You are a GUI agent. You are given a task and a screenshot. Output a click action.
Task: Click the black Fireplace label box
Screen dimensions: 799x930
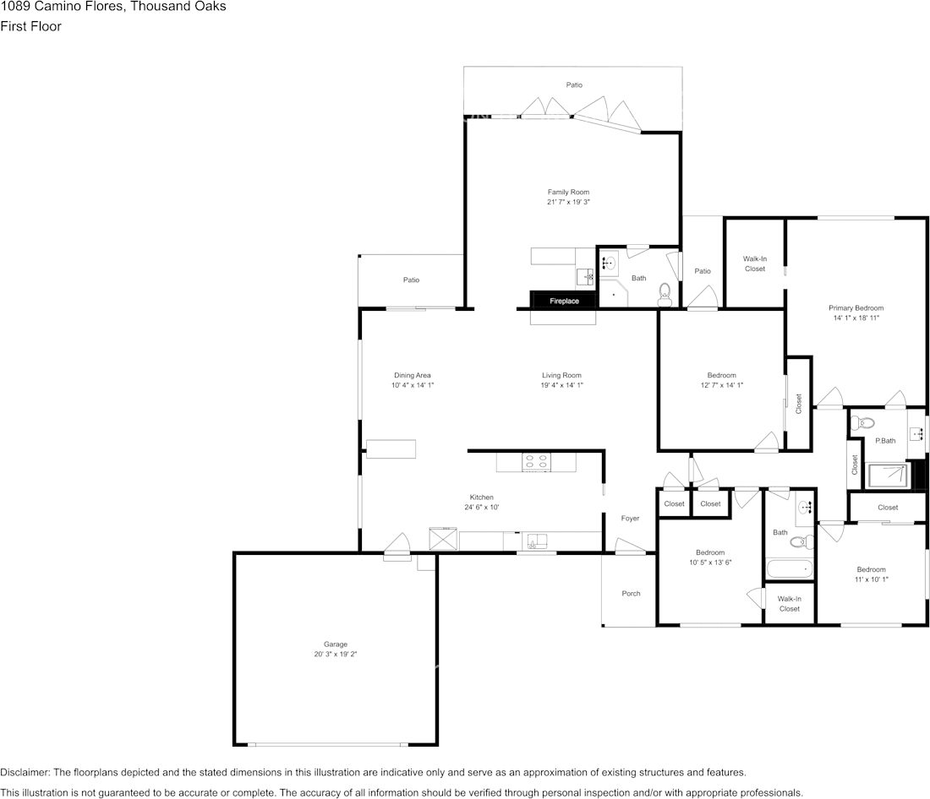pyautogui.click(x=564, y=301)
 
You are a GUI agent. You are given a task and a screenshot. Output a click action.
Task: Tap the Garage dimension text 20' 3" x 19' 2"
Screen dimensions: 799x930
pyautogui.click(x=336, y=654)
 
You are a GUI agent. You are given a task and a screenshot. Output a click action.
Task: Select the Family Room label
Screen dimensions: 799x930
pyautogui.click(x=567, y=192)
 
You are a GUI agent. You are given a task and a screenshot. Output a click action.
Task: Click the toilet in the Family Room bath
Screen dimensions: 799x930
pyautogui.click(x=665, y=295)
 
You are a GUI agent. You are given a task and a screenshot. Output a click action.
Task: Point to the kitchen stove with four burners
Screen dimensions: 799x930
pyautogui.click(x=537, y=461)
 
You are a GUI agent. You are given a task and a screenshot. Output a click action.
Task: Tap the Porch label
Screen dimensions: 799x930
pyautogui.click(x=631, y=593)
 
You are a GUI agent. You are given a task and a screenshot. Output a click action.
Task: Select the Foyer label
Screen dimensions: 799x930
pyautogui.click(x=630, y=518)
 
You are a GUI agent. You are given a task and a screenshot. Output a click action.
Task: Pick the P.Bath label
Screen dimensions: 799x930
pyautogui.click(x=885, y=440)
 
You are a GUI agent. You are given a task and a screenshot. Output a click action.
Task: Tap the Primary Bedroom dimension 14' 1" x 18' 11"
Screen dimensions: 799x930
pyautogui.click(x=856, y=318)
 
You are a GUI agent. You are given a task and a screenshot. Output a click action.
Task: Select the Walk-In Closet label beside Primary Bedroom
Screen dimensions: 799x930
pyautogui.click(x=754, y=264)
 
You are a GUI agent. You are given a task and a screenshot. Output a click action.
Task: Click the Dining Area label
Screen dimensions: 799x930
pyautogui.click(x=412, y=375)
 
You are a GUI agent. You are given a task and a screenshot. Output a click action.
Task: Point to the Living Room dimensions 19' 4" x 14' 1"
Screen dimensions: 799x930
pyautogui.click(x=561, y=385)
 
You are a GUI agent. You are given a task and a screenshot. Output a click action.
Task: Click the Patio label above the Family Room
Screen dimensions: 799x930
pyautogui.click(x=574, y=84)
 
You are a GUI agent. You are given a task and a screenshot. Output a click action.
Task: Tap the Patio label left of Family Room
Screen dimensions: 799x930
pyautogui.click(x=411, y=280)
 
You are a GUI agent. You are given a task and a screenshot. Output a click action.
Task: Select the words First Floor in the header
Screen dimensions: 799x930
pyautogui.click(x=30, y=26)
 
